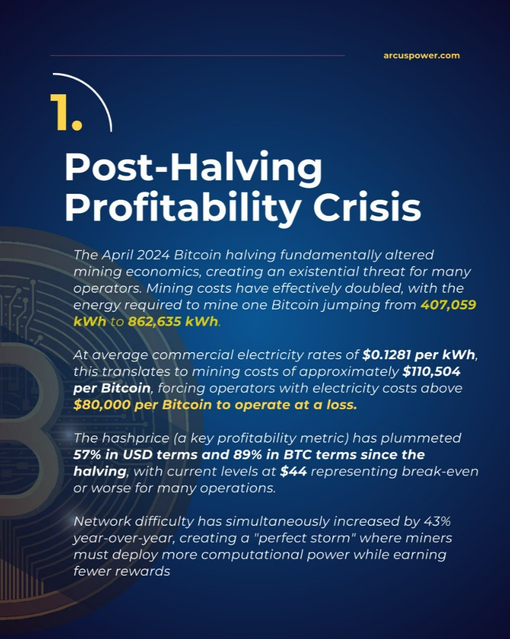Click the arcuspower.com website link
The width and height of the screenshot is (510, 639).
(422, 56)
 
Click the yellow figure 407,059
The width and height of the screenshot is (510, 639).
(449, 306)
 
